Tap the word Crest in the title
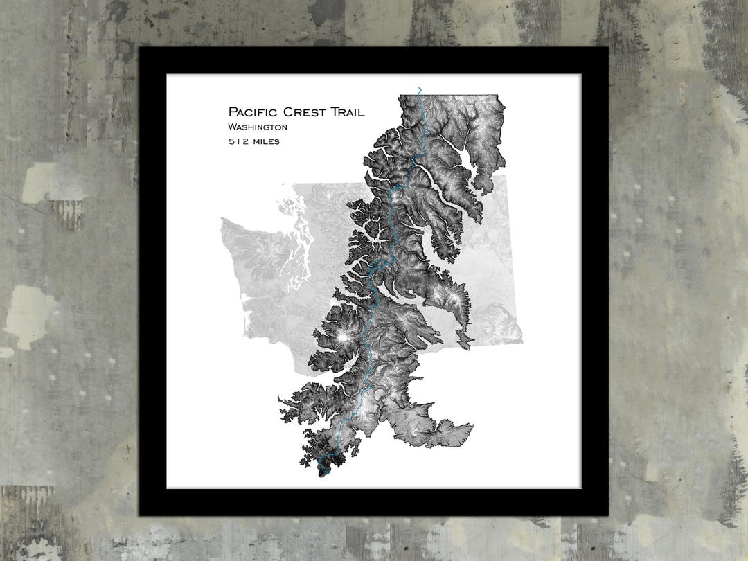pos(305,112)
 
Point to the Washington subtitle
pos(257,127)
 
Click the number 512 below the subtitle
pos(238,141)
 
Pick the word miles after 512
pos(267,141)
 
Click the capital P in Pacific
pos(233,112)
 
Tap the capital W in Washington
pos(231,127)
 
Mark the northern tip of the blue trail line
pos(419,88)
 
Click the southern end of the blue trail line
pos(321,474)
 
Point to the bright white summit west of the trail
pos(343,337)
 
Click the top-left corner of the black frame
pos(140,48)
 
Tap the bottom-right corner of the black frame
pos(607,515)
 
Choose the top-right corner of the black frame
pos(607,48)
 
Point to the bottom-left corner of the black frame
pos(140,515)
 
